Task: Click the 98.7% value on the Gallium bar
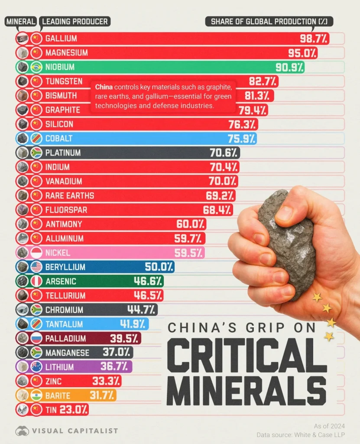coord(314,39)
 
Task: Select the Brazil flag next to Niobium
coord(36,67)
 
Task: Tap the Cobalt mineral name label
coord(58,139)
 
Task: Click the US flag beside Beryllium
coord(36,267)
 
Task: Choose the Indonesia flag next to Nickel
coord(36,253)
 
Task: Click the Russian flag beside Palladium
coord(36,338)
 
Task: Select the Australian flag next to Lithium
coord(36,367)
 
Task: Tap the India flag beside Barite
coord(36,395)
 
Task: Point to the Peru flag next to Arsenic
coord(36,281)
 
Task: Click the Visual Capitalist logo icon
coord(22,431)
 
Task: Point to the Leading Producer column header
coord(75,21)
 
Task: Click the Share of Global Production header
coord(269,21)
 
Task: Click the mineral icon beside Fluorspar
coord(22,210)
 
